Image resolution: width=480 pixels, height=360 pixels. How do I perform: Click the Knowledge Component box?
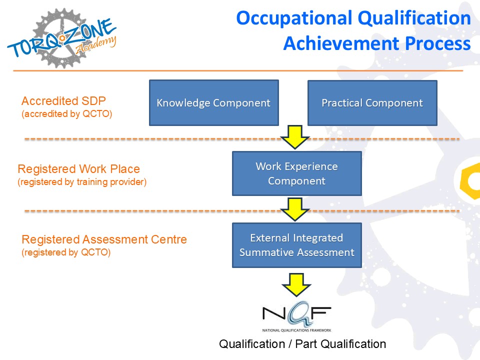[x=213, y=103]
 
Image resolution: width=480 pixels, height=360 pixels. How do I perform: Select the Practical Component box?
[x=372, y=103]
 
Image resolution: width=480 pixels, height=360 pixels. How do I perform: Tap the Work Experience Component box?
[x=296, y=173]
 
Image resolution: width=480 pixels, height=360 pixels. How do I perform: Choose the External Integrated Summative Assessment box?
[x=296, y=245]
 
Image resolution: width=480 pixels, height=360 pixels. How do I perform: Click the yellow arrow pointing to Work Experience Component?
[x=295, y=137]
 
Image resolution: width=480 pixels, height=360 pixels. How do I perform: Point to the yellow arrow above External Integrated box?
[x=295, y=209]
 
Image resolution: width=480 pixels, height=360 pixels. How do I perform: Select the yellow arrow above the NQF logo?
[x=296, y=285]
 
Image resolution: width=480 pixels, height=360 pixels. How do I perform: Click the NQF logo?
[x=296, y=316]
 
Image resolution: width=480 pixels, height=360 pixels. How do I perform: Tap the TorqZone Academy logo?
[x=62, y=38]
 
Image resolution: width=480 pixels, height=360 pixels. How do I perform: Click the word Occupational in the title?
[x=294, y=18]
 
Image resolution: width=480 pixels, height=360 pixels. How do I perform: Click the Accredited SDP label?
[x=63, y=100]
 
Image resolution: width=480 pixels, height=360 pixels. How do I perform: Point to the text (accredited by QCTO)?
[x=66, y=114]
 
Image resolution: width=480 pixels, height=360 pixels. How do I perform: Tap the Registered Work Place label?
[x=78, y=169]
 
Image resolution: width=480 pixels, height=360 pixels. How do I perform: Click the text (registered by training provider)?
[x=82, y=182]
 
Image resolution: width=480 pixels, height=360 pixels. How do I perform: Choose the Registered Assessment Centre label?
[x=104, y=239]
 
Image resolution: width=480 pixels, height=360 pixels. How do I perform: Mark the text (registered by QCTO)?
[x=66, y=252]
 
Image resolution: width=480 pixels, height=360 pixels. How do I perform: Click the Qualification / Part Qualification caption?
[x=302, y=344]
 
